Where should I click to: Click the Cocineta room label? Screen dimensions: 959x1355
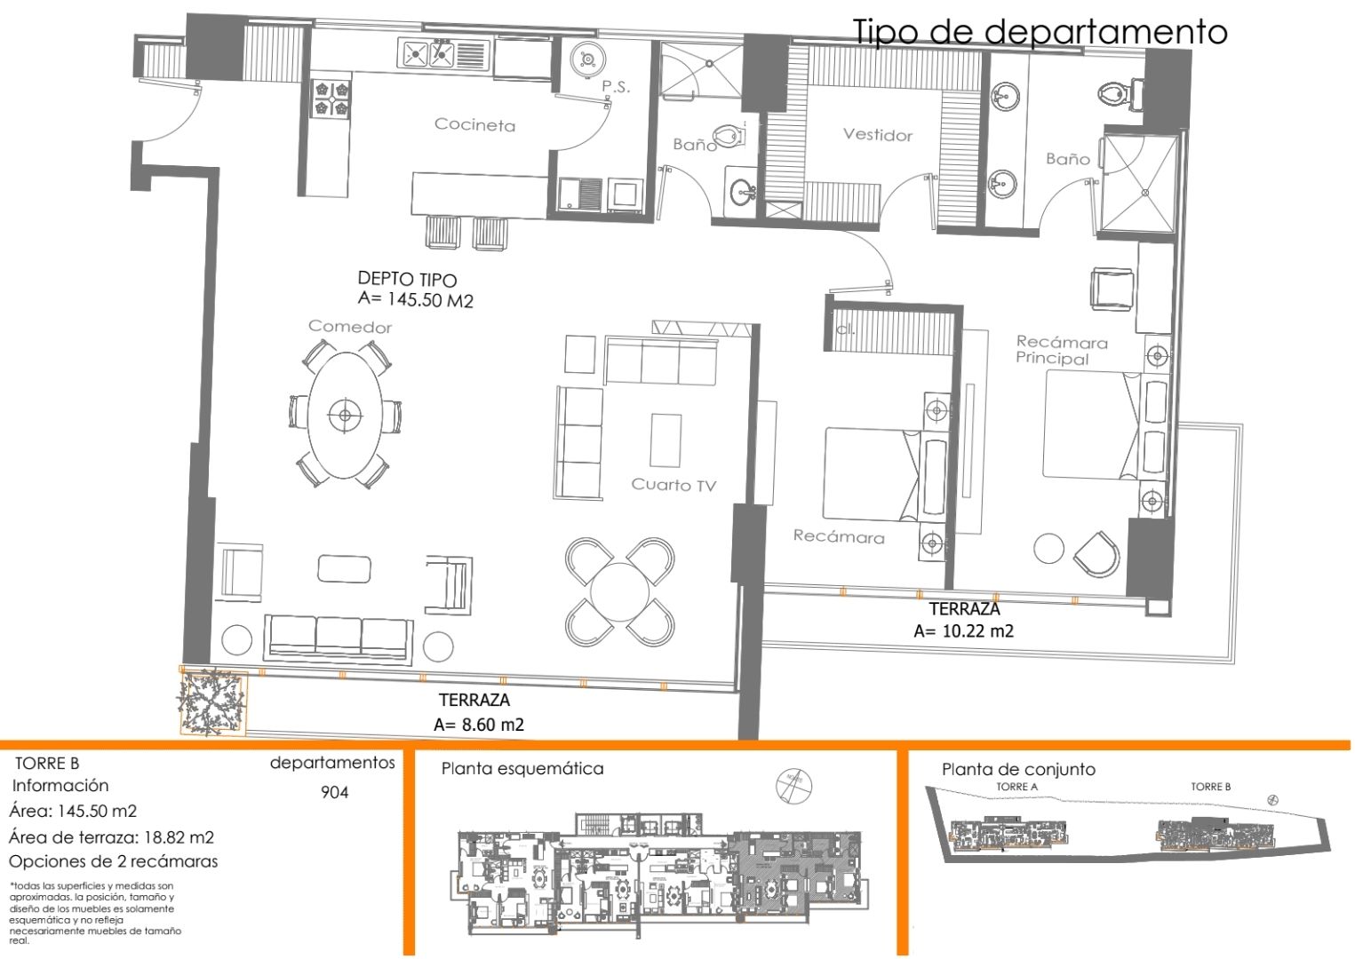[474, 125]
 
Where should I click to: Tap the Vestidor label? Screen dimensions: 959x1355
[877, 135]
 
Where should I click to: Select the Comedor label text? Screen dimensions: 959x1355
[350, 327]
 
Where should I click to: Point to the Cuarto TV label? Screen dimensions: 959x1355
[673, 485]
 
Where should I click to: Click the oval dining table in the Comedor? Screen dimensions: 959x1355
[345, 414]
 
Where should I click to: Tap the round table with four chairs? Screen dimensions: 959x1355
[619, 591]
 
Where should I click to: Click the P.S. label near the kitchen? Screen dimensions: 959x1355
[616, 86]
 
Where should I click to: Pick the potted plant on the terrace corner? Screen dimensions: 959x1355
[211, 701]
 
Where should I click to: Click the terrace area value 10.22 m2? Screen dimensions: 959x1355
[963, 631]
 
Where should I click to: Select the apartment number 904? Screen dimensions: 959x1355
[335, 792]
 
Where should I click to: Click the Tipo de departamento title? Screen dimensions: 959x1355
[1040, 32]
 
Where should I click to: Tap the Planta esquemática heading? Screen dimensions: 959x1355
[522, 769]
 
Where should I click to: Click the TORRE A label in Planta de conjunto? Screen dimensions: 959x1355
[1016, 787]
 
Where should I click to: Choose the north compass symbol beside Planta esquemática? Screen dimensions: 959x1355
[793, 785]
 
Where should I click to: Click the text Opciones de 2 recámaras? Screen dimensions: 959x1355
[113, 861]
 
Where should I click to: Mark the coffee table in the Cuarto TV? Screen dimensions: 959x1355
[666, 440]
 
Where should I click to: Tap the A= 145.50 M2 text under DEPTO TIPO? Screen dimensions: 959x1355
[415, 300]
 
